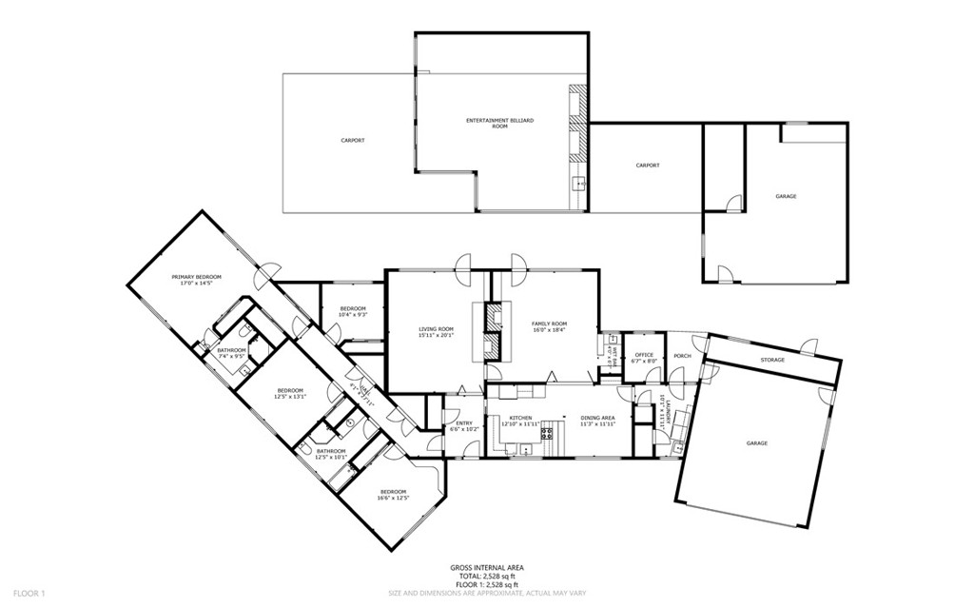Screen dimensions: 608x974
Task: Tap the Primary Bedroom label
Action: pos(189,277)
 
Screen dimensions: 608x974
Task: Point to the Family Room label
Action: pos(549,324)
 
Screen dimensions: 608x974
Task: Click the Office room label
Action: pos(644,355)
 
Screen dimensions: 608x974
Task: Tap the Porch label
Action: pos(682,356)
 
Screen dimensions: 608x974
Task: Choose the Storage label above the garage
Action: pos(771,360)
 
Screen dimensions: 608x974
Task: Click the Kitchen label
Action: pos(520,418)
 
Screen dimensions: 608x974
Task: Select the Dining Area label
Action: pos(598,418)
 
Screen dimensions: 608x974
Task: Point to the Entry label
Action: pos(463,423)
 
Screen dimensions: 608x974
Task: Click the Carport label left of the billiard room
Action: pos(353,141)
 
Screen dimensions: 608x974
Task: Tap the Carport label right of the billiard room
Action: pos(648,166)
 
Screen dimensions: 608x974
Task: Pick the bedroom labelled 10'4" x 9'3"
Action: pos(354,308)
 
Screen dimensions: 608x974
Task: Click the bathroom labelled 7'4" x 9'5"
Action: pos(231,350)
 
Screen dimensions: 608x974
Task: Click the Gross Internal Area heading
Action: pos(486,568)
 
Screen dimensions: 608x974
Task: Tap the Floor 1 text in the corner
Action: pos(29,593)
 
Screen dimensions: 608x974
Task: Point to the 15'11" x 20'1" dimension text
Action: pos(437,334)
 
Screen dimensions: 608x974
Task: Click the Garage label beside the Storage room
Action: pos(757,442)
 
